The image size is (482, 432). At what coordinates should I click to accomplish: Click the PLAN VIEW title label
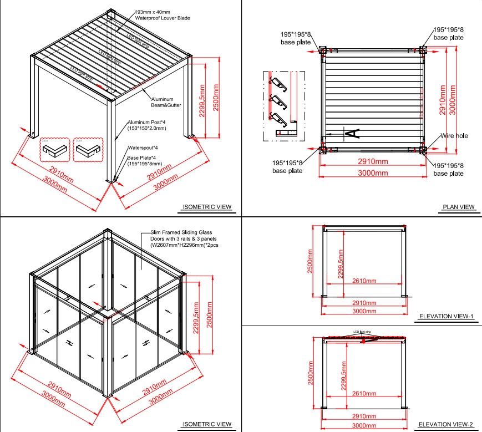click(459, 207)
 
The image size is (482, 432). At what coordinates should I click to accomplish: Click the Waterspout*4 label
click(143, 148)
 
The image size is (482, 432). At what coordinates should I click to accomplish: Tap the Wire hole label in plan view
click(453, 135)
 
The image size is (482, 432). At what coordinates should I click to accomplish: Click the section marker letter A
click(353, 133)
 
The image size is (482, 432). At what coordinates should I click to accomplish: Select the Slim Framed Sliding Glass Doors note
click(181, 238)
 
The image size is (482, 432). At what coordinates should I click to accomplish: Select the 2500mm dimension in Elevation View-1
click(311, 262)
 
